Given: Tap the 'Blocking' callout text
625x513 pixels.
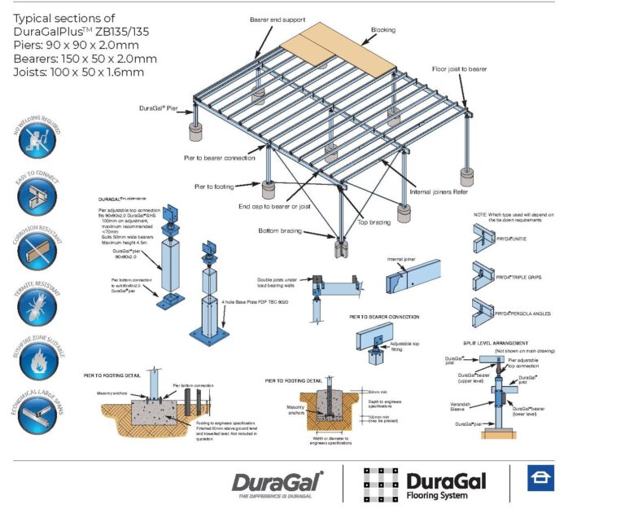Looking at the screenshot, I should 383,30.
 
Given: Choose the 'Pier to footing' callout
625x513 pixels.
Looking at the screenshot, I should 214,186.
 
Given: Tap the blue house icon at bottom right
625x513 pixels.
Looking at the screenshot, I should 540,480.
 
